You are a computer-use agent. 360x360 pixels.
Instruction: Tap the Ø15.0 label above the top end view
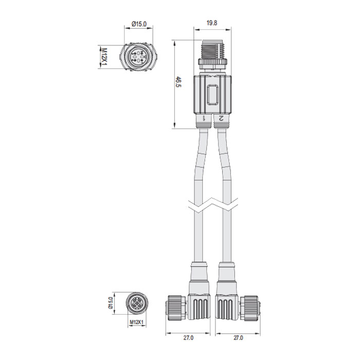tap(139, 23)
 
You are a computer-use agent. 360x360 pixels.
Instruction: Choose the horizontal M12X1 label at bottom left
tap(136, 322)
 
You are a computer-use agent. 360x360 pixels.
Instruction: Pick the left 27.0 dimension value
tap(188, 338)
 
